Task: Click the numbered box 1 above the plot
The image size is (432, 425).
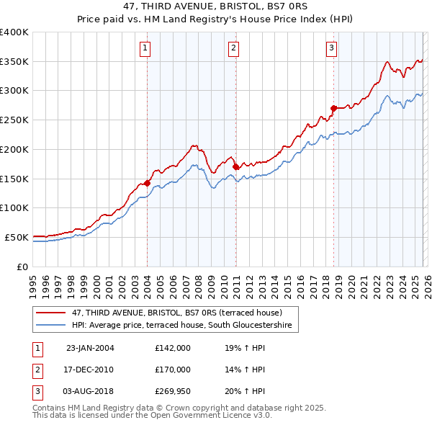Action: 145,48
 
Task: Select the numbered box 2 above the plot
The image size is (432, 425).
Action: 234,48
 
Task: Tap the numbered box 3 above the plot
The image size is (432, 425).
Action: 331,48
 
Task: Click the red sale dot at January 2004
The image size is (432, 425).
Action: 147,183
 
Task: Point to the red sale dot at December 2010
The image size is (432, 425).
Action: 236,166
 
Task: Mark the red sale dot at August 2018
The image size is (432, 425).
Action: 333,108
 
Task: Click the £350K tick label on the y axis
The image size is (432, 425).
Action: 14,62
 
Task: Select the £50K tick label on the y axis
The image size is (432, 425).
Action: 16,237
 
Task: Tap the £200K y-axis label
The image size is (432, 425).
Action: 14,149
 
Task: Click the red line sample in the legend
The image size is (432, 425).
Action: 50,313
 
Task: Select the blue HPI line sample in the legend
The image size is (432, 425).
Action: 50,326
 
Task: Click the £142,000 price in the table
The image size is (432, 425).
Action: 173,347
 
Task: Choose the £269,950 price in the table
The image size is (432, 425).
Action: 173,392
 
